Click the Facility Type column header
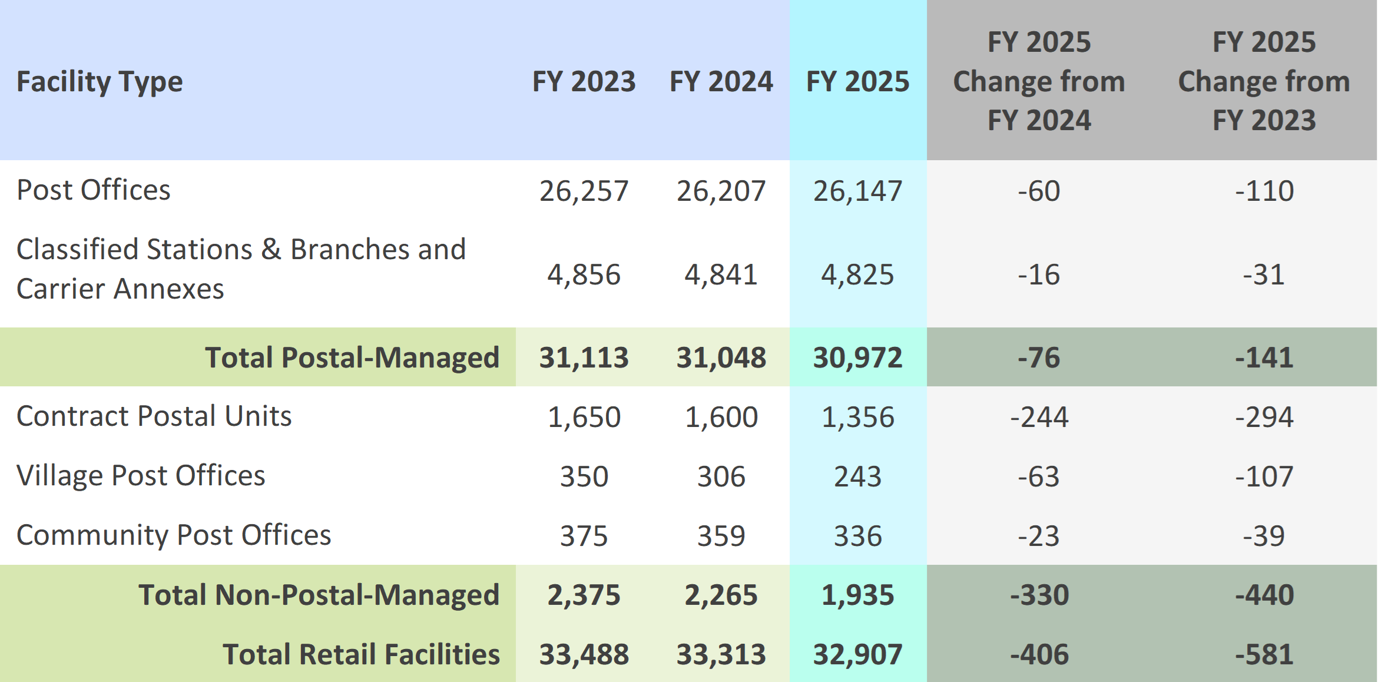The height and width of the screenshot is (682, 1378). click(x=100, y=81)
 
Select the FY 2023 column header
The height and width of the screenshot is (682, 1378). click(x=584, y=81)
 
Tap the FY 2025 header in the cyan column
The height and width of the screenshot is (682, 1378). click(x=857, y=81)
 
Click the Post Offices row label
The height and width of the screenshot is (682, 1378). click(x=93, y=190)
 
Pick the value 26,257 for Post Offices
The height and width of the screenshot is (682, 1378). click(x=584, y=191)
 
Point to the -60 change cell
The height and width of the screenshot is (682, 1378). click(x=1039, y=191)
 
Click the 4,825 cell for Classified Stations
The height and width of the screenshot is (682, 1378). click(x=857, y=274)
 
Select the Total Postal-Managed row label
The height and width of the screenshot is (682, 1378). click(x=352, y=357)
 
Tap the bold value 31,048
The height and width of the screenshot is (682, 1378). click(x=721, y=357)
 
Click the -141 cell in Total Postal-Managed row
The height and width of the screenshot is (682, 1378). click(x=1264, y=357)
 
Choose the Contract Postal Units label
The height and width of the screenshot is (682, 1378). click(x=154, y=416)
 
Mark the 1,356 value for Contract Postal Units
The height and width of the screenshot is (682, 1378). click(x=857, y=417)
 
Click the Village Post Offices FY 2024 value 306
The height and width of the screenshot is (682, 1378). click(x=721, y=476)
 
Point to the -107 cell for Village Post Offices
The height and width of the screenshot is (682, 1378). click(x=1264, y=476)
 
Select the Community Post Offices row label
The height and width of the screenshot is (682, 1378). click(x=174, y=535)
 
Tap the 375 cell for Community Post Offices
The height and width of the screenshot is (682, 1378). click(x=584, y=536)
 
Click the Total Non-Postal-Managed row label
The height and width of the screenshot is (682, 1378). click(x=319, y=595)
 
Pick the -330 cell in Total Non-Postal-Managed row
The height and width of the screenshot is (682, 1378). click(x=1039, y=595)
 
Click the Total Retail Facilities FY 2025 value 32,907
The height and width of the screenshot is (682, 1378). click(x=857, y=654)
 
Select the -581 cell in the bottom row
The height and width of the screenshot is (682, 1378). click(x=1264, y=654)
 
